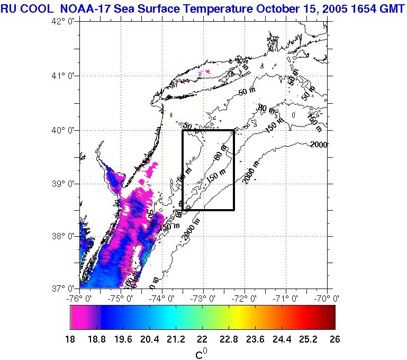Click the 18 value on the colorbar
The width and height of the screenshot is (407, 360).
[x=70, y=339]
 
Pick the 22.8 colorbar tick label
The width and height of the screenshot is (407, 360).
[x=236, y=339]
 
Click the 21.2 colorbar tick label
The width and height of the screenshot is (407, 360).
[x=169, y=339]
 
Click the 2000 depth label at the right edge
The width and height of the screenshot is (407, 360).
[x=320, y=145]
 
